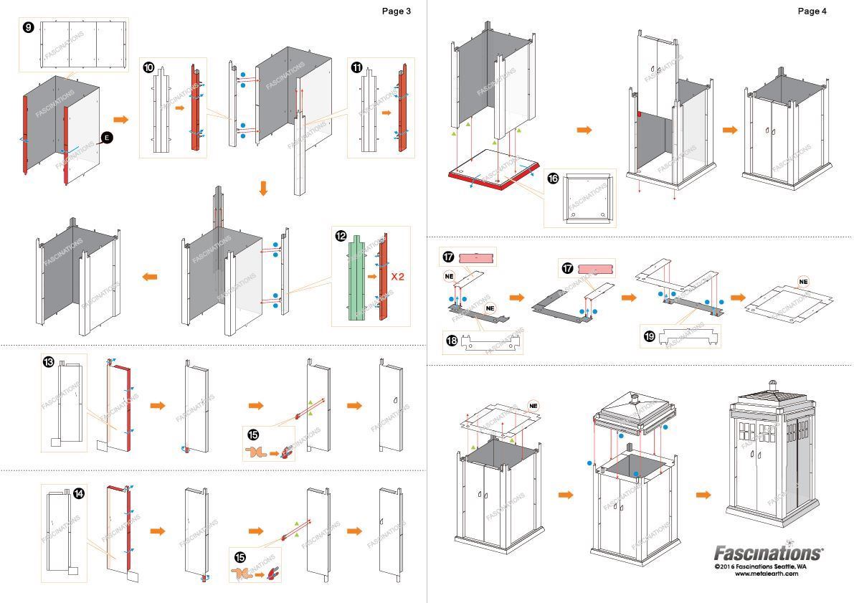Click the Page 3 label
[397, 11]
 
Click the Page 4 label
[812, 11]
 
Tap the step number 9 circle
[28, 27]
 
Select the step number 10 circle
[148, 67]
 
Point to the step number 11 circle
[356, 67]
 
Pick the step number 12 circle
[341, 236]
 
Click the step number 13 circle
[49, 363]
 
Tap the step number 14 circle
[79, 493]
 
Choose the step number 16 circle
[553, 179]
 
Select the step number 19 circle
[650, 335]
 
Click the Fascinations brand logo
[768, 553]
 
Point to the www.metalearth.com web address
[766, 573]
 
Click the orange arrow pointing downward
[263, 189]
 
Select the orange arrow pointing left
[150, 276]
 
